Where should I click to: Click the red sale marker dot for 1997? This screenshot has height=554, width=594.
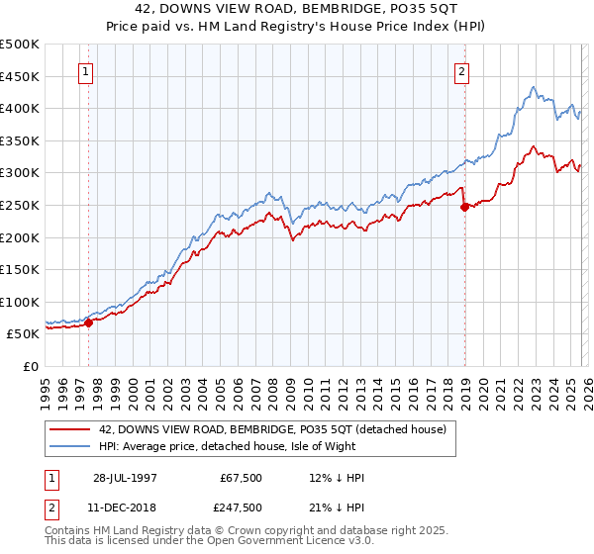point(89,322)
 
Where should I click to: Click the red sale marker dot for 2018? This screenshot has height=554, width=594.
point(463,207)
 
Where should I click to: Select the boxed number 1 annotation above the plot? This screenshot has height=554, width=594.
point(86,71)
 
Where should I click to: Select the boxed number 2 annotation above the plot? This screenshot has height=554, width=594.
point(462,71)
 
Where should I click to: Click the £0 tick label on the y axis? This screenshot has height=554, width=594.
point(30,366)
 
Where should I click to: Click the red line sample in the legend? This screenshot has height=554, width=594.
point(69,428)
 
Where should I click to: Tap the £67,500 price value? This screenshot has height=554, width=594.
point(240,478)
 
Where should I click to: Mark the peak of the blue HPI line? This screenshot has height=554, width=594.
point(533,87)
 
